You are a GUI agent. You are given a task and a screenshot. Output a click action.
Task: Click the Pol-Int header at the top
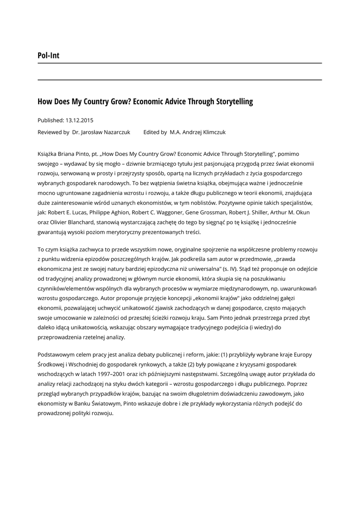click(x=48, y=56)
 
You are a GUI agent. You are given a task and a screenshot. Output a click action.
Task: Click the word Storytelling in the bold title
click(x=234, y=102)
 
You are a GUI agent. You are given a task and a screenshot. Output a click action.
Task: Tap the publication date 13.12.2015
click(x=79, y=120)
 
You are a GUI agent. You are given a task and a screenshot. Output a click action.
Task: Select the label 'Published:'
click(x=51, y=120)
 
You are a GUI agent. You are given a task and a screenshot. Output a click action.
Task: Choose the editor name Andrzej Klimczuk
click(x=206, y=132)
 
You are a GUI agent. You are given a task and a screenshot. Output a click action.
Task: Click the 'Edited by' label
click(x=155, y=132)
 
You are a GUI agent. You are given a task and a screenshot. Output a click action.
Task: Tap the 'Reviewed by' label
click(x=53, y=132)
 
